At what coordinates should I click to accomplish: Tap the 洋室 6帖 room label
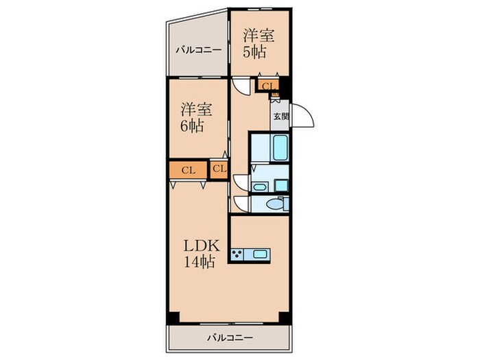196,117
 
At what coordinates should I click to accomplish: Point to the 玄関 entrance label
280,117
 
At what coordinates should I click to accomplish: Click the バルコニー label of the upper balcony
197,50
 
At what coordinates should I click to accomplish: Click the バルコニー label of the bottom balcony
229,337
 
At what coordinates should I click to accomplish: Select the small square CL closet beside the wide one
219,169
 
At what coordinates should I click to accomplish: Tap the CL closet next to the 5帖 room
267,86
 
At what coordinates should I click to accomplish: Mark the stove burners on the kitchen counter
239,254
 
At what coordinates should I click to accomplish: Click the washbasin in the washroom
259,185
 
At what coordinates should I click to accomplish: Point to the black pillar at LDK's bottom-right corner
284,317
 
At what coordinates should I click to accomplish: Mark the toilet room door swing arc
239,204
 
